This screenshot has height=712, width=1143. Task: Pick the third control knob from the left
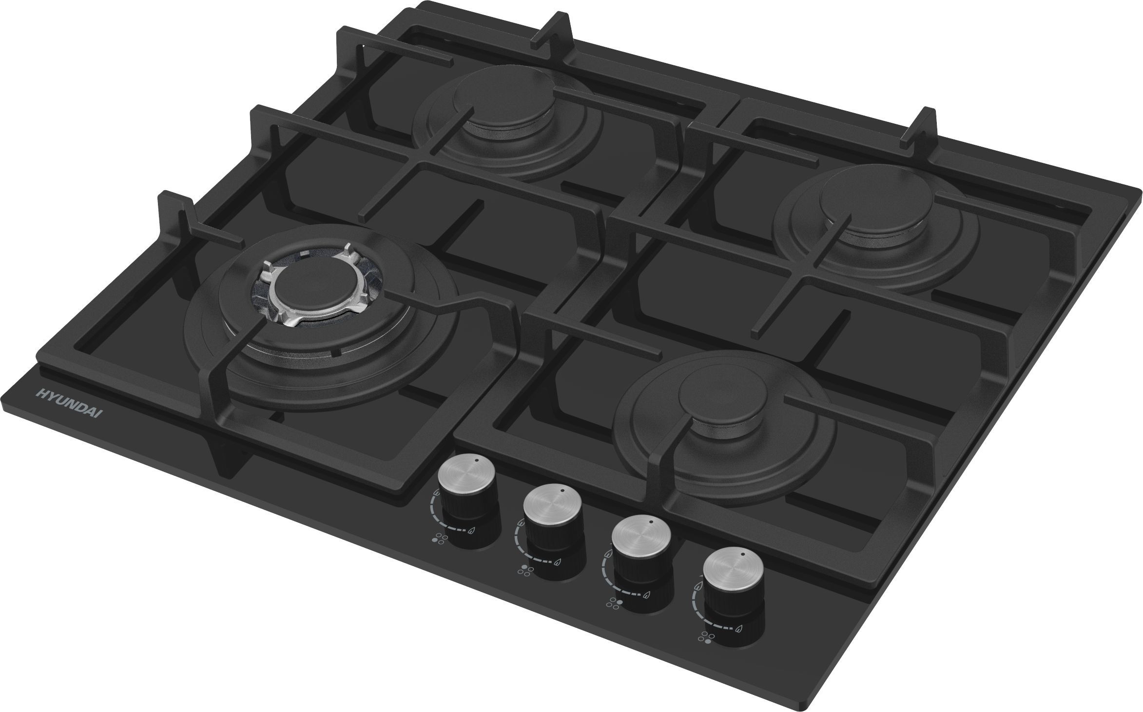tap(641, 548)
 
